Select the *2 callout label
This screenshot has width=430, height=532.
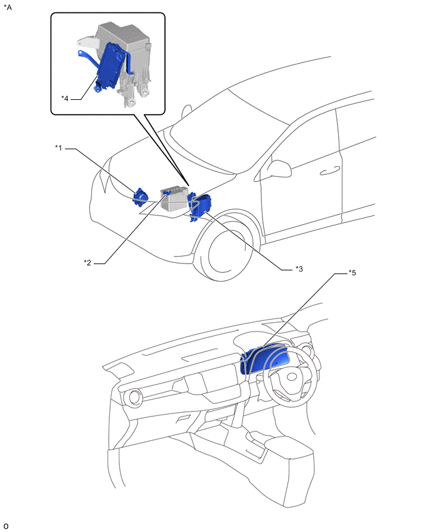(88, 262)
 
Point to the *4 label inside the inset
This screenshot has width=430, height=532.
(65, 98)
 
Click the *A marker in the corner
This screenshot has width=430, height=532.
(7, 7)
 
